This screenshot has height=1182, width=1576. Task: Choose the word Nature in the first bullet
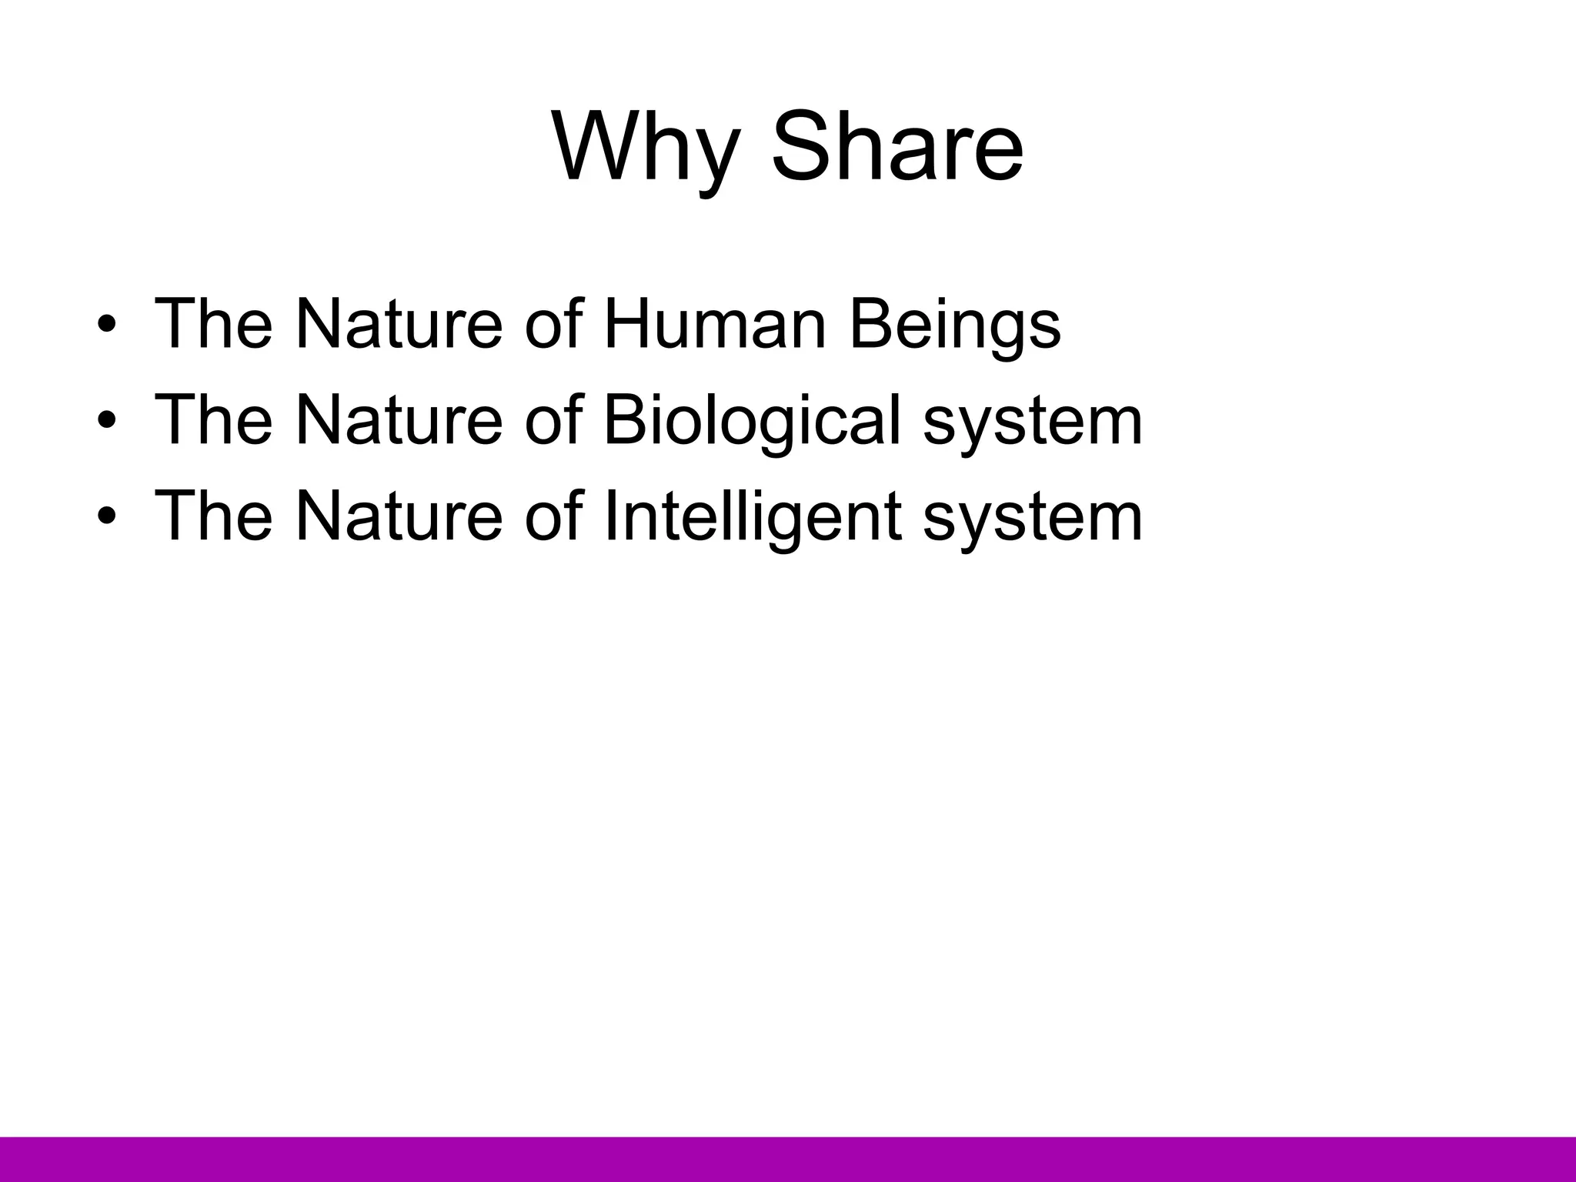[x=399, y=324]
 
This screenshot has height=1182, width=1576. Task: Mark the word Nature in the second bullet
[x=399, y=420]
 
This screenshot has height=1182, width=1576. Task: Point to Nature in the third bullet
[x=399, y=516]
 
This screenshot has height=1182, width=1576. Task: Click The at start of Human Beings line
[x=213, y=324]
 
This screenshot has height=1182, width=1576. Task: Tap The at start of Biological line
[x=213, y=420]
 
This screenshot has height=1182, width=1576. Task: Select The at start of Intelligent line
[x=213, y=516]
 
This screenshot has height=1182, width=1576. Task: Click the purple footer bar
[x=788, y=1159]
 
